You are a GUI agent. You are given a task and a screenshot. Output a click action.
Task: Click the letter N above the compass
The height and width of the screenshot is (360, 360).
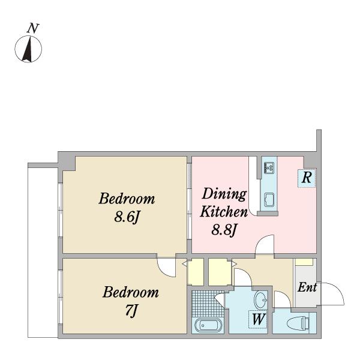(x=33, y=29)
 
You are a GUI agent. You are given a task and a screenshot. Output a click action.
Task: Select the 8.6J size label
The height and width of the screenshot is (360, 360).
(x=127, y=217)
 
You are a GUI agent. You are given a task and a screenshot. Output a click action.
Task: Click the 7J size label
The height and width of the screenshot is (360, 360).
(x=131, y=311)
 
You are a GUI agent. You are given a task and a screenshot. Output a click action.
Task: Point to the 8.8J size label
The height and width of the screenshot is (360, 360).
(x=224, y=230)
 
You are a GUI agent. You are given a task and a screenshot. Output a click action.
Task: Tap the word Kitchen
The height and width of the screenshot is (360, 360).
(x=224, y=212)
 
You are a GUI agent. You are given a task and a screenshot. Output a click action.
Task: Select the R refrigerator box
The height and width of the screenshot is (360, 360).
(x=307, y=178)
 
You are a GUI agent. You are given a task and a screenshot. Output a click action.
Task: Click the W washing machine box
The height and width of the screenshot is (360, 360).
(x=258, y=319)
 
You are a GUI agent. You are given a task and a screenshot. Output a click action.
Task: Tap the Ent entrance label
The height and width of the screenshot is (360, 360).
(x=307, y=287)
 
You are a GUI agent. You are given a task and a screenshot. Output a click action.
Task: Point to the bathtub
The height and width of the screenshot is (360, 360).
(x=208, y=325)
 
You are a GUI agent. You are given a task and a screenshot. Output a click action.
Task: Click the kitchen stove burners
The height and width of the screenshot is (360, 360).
(x=269, y=168)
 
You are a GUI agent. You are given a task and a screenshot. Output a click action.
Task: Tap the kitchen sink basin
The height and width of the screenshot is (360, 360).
(x=269, y=200)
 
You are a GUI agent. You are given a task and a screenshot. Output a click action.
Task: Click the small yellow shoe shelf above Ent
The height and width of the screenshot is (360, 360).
(x=304, y=262)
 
